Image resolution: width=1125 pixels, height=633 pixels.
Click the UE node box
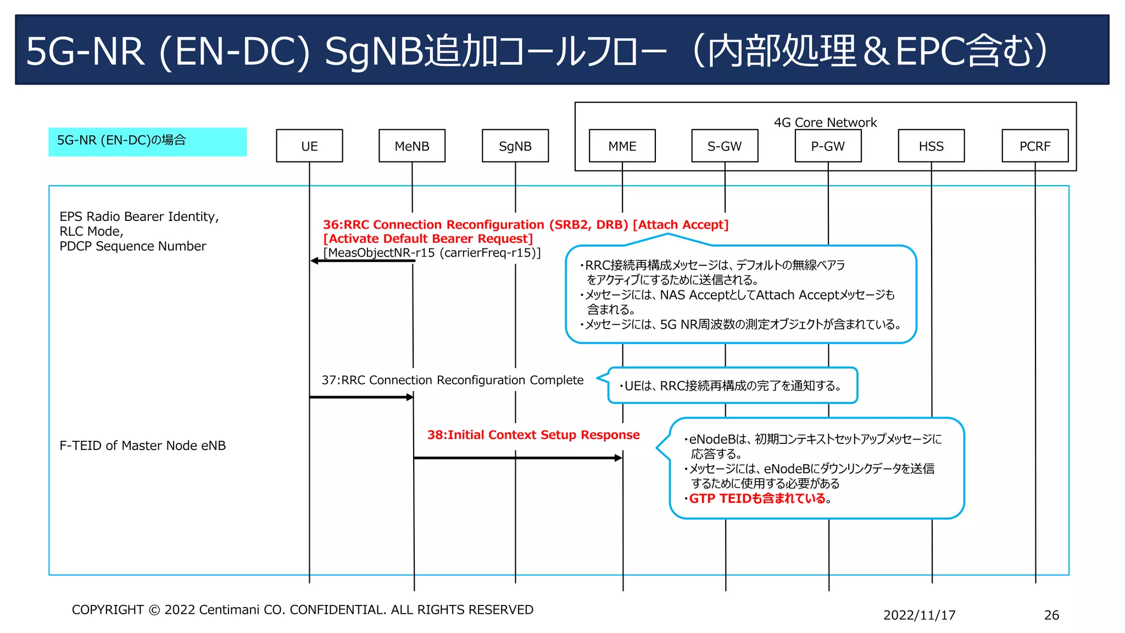tap(309, 146)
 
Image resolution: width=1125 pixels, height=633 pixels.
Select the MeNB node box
tap(412, 146)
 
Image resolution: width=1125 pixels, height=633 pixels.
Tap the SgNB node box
tap(515, 146)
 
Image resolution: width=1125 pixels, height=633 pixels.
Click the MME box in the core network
tap(622, 146)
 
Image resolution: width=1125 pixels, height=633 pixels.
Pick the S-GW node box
tap(725, 146)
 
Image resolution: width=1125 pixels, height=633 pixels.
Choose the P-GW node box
tap(828, 146)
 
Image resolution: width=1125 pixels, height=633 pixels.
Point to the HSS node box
tap(931, 146)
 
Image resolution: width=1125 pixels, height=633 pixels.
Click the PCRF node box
tap(1035, 146)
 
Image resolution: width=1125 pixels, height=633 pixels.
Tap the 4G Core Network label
tap(825, 122)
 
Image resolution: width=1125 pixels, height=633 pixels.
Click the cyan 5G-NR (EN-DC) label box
tap(147, 142)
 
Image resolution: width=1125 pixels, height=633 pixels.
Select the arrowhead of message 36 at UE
tap(314, 260)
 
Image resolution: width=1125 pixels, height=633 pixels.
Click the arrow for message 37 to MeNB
tap(361, 397)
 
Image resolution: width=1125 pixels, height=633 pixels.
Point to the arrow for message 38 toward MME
tap(517, 458)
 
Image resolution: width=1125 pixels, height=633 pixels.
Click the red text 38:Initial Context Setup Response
tap(533, 435)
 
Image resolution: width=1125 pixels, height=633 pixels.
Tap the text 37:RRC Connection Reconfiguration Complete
tap(452, 380)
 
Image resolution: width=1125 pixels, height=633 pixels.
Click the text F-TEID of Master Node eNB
tap(142, 445)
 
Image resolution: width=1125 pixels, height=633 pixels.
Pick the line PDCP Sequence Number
tap(132, 246)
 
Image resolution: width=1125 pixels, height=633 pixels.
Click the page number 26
tap(1051, 615)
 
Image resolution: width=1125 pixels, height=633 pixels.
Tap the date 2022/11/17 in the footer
tap(919, 615)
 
